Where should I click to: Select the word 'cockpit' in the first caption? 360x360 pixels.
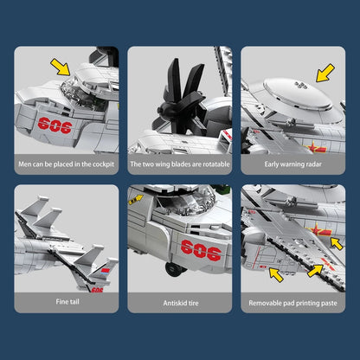pyautogui.click(x=98, y=162)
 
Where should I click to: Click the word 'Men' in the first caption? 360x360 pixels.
pyautogui.click(x=27, y=162)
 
